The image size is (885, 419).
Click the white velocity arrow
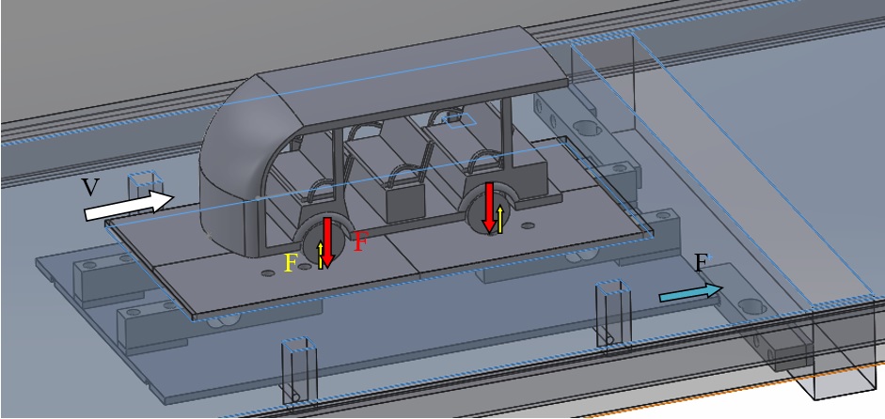tap(129, 205)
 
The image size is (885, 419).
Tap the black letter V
tap(91, 187)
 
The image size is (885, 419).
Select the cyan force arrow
tap(691, 293)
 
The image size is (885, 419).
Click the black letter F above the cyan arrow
tap(701, 263)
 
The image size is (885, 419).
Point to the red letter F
tap(360, 241)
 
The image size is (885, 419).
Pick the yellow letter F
tap(291, 263)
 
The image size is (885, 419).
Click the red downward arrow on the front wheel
tap(327, 242)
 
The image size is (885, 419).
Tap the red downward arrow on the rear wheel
tap(490, 208)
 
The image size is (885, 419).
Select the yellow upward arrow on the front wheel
tap(321, 255)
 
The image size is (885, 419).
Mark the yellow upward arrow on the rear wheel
tap(500, 220)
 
